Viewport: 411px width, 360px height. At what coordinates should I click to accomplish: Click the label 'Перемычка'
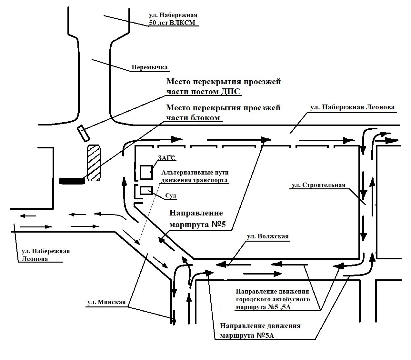click(x=150, y=67)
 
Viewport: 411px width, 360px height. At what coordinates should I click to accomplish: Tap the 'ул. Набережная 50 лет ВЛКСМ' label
click(x=173, y=19)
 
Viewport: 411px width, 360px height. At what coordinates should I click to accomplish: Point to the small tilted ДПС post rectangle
click(x=83, y=133)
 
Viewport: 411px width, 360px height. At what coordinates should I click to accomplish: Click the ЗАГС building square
click(x=146, y=172)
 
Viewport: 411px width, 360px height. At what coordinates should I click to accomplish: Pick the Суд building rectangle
click(x=146, y=190)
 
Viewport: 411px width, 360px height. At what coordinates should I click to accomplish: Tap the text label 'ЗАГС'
click(x=167, y=158)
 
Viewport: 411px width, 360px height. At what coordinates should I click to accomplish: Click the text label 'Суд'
click(x=171, y=196)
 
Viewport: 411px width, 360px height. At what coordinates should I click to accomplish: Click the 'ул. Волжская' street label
click(x=268, y=236)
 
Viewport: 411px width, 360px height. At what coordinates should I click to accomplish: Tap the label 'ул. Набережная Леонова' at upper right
click(x=352, y=107)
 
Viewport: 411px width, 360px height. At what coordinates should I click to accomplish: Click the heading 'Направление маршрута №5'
click(x=196, y=219)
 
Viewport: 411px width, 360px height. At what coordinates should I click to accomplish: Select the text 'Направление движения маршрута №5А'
click(x=260, y=330)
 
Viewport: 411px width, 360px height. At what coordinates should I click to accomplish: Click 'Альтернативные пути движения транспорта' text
click(x=195, y=176)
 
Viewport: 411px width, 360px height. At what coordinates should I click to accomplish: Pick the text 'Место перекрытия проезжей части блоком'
click(x=223, y=113)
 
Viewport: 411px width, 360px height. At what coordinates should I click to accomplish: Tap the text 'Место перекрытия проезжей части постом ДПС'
click(x=223, y=86)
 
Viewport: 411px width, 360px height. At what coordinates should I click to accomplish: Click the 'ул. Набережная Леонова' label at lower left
click(x=45, y=255)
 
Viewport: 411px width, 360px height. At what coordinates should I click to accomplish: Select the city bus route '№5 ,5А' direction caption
click(x=273, y=299)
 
